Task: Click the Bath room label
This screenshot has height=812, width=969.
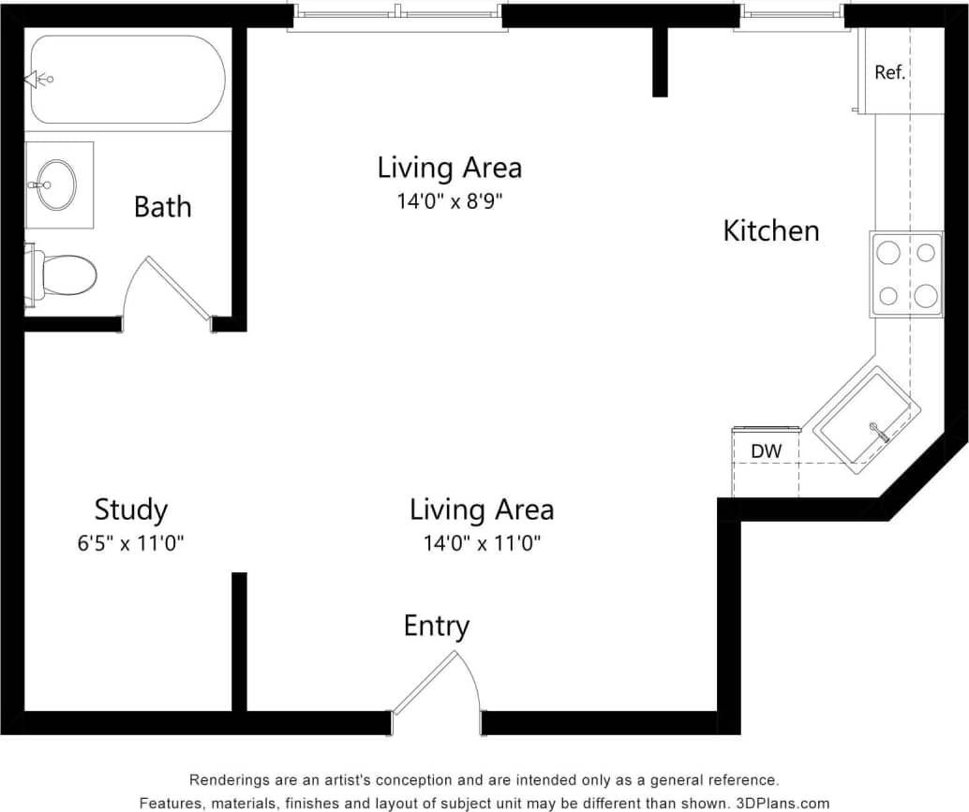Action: click(162, 206)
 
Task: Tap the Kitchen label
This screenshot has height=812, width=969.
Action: click(770, 230)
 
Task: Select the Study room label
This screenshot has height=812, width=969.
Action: click(130, 509)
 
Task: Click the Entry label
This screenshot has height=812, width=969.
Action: click(436, 626)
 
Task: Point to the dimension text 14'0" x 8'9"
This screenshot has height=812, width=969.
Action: click(449, 200)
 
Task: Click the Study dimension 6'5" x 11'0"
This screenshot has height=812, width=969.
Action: click(130, 543)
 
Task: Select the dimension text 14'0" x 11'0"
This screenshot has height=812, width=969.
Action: click(481, 543)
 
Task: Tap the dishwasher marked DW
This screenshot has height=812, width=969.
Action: click(765, 451)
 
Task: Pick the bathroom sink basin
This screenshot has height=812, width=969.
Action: click(58, 185)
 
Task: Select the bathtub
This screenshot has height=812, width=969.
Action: click(127, 80)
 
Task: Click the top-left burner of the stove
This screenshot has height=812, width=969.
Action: click(887, 252)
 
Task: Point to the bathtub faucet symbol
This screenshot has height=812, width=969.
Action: click(40, 80)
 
